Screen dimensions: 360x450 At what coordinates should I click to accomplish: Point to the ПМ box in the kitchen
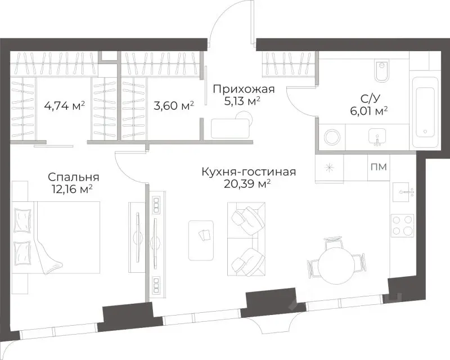point(379,166)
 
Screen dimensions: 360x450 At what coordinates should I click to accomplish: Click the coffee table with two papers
point(202,240)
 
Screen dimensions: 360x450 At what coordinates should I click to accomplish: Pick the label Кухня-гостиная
point(249,172)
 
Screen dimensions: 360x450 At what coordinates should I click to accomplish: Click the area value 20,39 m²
point(249,184)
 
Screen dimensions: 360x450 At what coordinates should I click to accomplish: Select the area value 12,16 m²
point(70,190)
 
